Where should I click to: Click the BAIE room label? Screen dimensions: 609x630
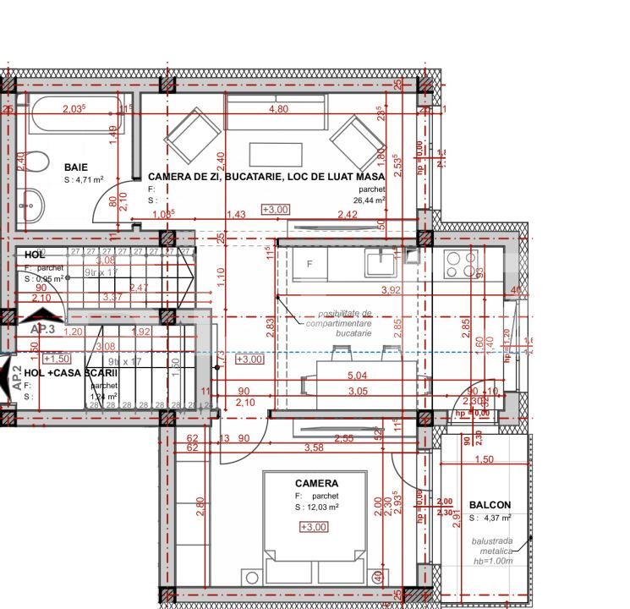[75, 167]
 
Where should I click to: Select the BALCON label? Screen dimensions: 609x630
[490, 505]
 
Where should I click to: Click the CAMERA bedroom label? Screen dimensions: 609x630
[316, 484]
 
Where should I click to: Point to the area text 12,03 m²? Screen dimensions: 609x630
[317, 507]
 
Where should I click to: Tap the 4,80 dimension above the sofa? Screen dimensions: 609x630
[278, 109]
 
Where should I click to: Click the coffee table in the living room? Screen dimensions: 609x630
[276, 154]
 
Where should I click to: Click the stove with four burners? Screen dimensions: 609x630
[460, 265]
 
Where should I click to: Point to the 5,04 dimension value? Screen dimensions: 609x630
[358, 375]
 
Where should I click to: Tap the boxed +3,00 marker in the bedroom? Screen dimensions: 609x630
[314, 527]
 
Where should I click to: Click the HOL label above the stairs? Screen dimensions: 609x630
[35, 255]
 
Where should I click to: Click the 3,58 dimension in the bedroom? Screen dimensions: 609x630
[314, 447]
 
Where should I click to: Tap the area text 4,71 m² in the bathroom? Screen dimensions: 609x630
[84, 180]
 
